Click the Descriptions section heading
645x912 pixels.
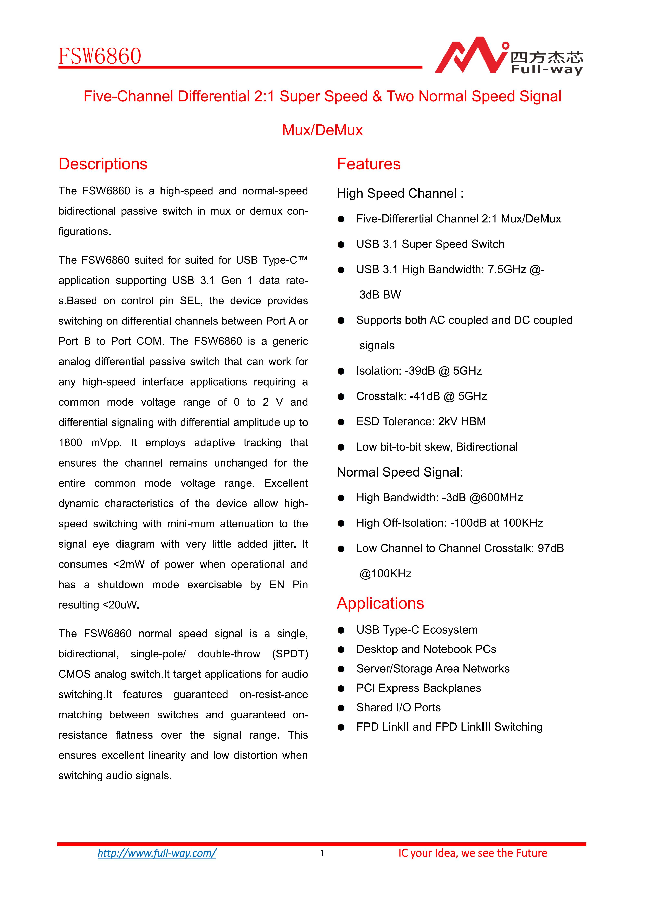click(x=103, y=164)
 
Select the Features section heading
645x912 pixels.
click(x=369, y=164)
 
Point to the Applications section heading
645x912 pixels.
click(x=380, y=603)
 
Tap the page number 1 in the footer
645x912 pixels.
click(x=322, y=853)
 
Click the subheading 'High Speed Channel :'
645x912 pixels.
click(x=400, y=193)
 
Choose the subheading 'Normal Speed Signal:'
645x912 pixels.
click(x=400, y=472)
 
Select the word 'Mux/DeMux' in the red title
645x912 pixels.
click(x=322, y=130)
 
